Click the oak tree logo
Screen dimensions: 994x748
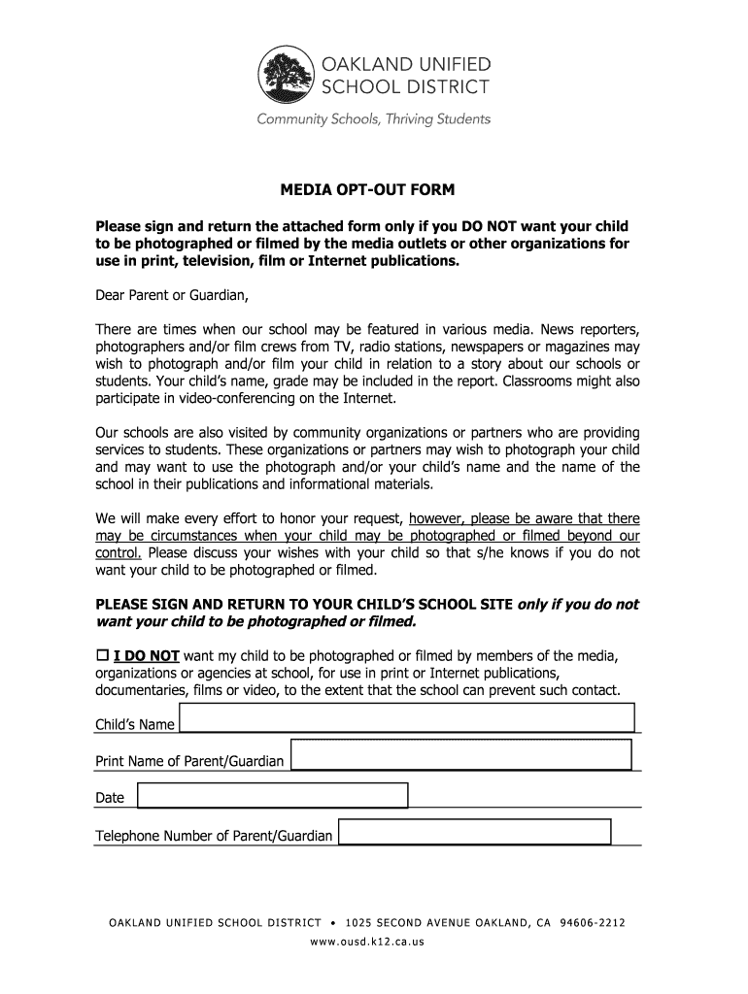287,77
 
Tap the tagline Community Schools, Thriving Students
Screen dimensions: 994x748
373,119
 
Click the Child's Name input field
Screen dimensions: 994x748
407,718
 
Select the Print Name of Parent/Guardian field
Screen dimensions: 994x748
461,755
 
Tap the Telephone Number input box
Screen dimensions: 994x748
475,832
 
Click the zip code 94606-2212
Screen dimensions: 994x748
593,922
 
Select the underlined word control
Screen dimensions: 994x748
119,553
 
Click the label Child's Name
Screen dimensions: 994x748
134,725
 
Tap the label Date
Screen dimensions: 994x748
110,798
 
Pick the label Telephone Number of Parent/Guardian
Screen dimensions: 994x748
214,836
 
